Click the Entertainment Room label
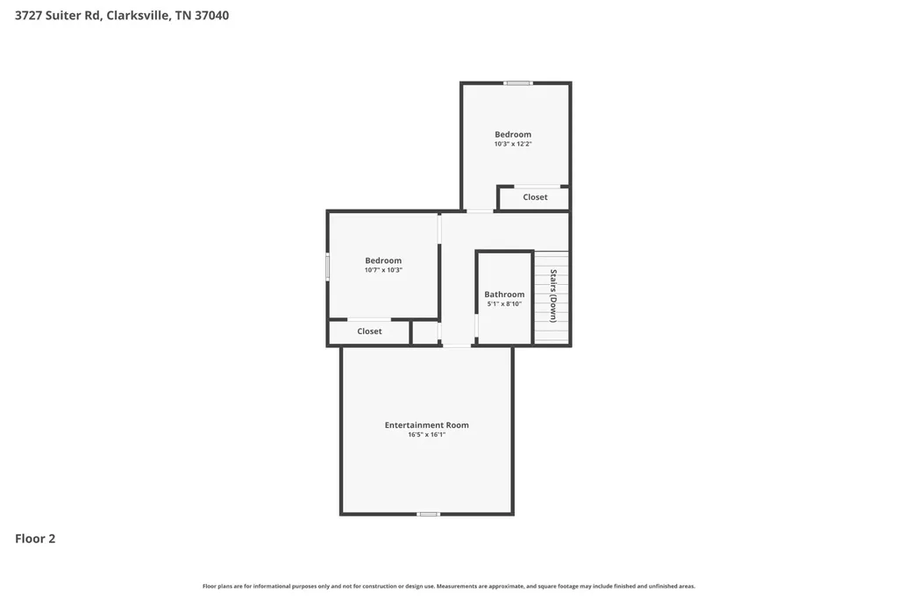click(x=427, y=425)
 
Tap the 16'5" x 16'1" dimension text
click(x=427, y=435)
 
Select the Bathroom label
click(x=504, y=295)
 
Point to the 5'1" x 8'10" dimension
click(x=504, y=304)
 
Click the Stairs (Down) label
click(x=553, y=295)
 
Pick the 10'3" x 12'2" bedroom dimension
click(x=513, y=145)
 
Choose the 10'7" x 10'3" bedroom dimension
click(x=384, y=270)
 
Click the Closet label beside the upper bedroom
click(x=536, y=197)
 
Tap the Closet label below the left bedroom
click(x=369, y=331)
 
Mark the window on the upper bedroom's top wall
click(x=518, y=83)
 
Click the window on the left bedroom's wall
click(x=328, y=267)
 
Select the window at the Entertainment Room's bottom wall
click(x=428, y=514)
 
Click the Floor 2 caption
click(x=35, y=538)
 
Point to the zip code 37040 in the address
click(x=212, y=16)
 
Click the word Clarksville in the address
click(x=139, y=16)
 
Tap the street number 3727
click(x=29, y=16)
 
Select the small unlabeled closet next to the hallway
click(x=425, y=333)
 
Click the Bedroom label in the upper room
click(x=513, y=135)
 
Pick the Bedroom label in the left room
click(x=384, y=260)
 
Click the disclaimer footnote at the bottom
click(x=449, y=586)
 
